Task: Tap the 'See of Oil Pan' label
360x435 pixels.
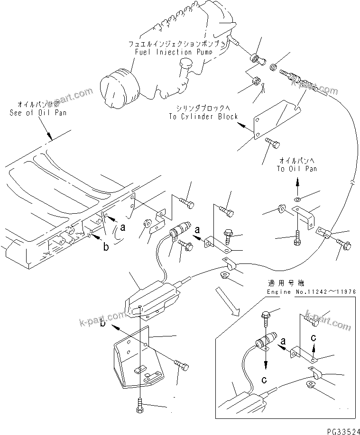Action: click(38, 113)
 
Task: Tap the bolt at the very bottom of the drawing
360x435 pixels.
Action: click(140, 405)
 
